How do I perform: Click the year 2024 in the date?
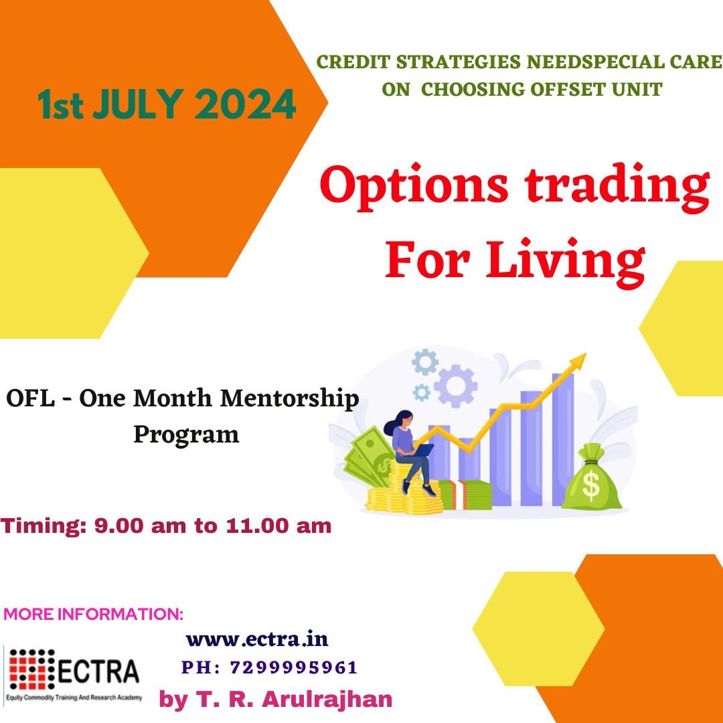pyautogui.click(x=245, y=104)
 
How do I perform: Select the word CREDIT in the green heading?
pyautogui.click(x=353, y=62)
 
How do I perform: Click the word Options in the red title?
pyautogui.click(x=414, y=187)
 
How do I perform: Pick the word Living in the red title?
pyautogui.click(x=565, y=262)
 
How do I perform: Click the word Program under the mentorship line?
pyautogui.click(x=186, y=435)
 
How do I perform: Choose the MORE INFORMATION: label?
pyautogui.click(x=93, y=614)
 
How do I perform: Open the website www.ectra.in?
pyautogui.click(x=257, y=639)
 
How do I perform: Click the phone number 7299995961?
pyautogui.click(x=294, y=667)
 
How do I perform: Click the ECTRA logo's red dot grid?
pyautogui.click(x=32, y=669)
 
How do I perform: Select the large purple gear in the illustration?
pyautogui.click(x=456, y=386)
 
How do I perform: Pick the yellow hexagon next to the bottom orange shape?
pyautogui.click(x=538, y=629)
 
